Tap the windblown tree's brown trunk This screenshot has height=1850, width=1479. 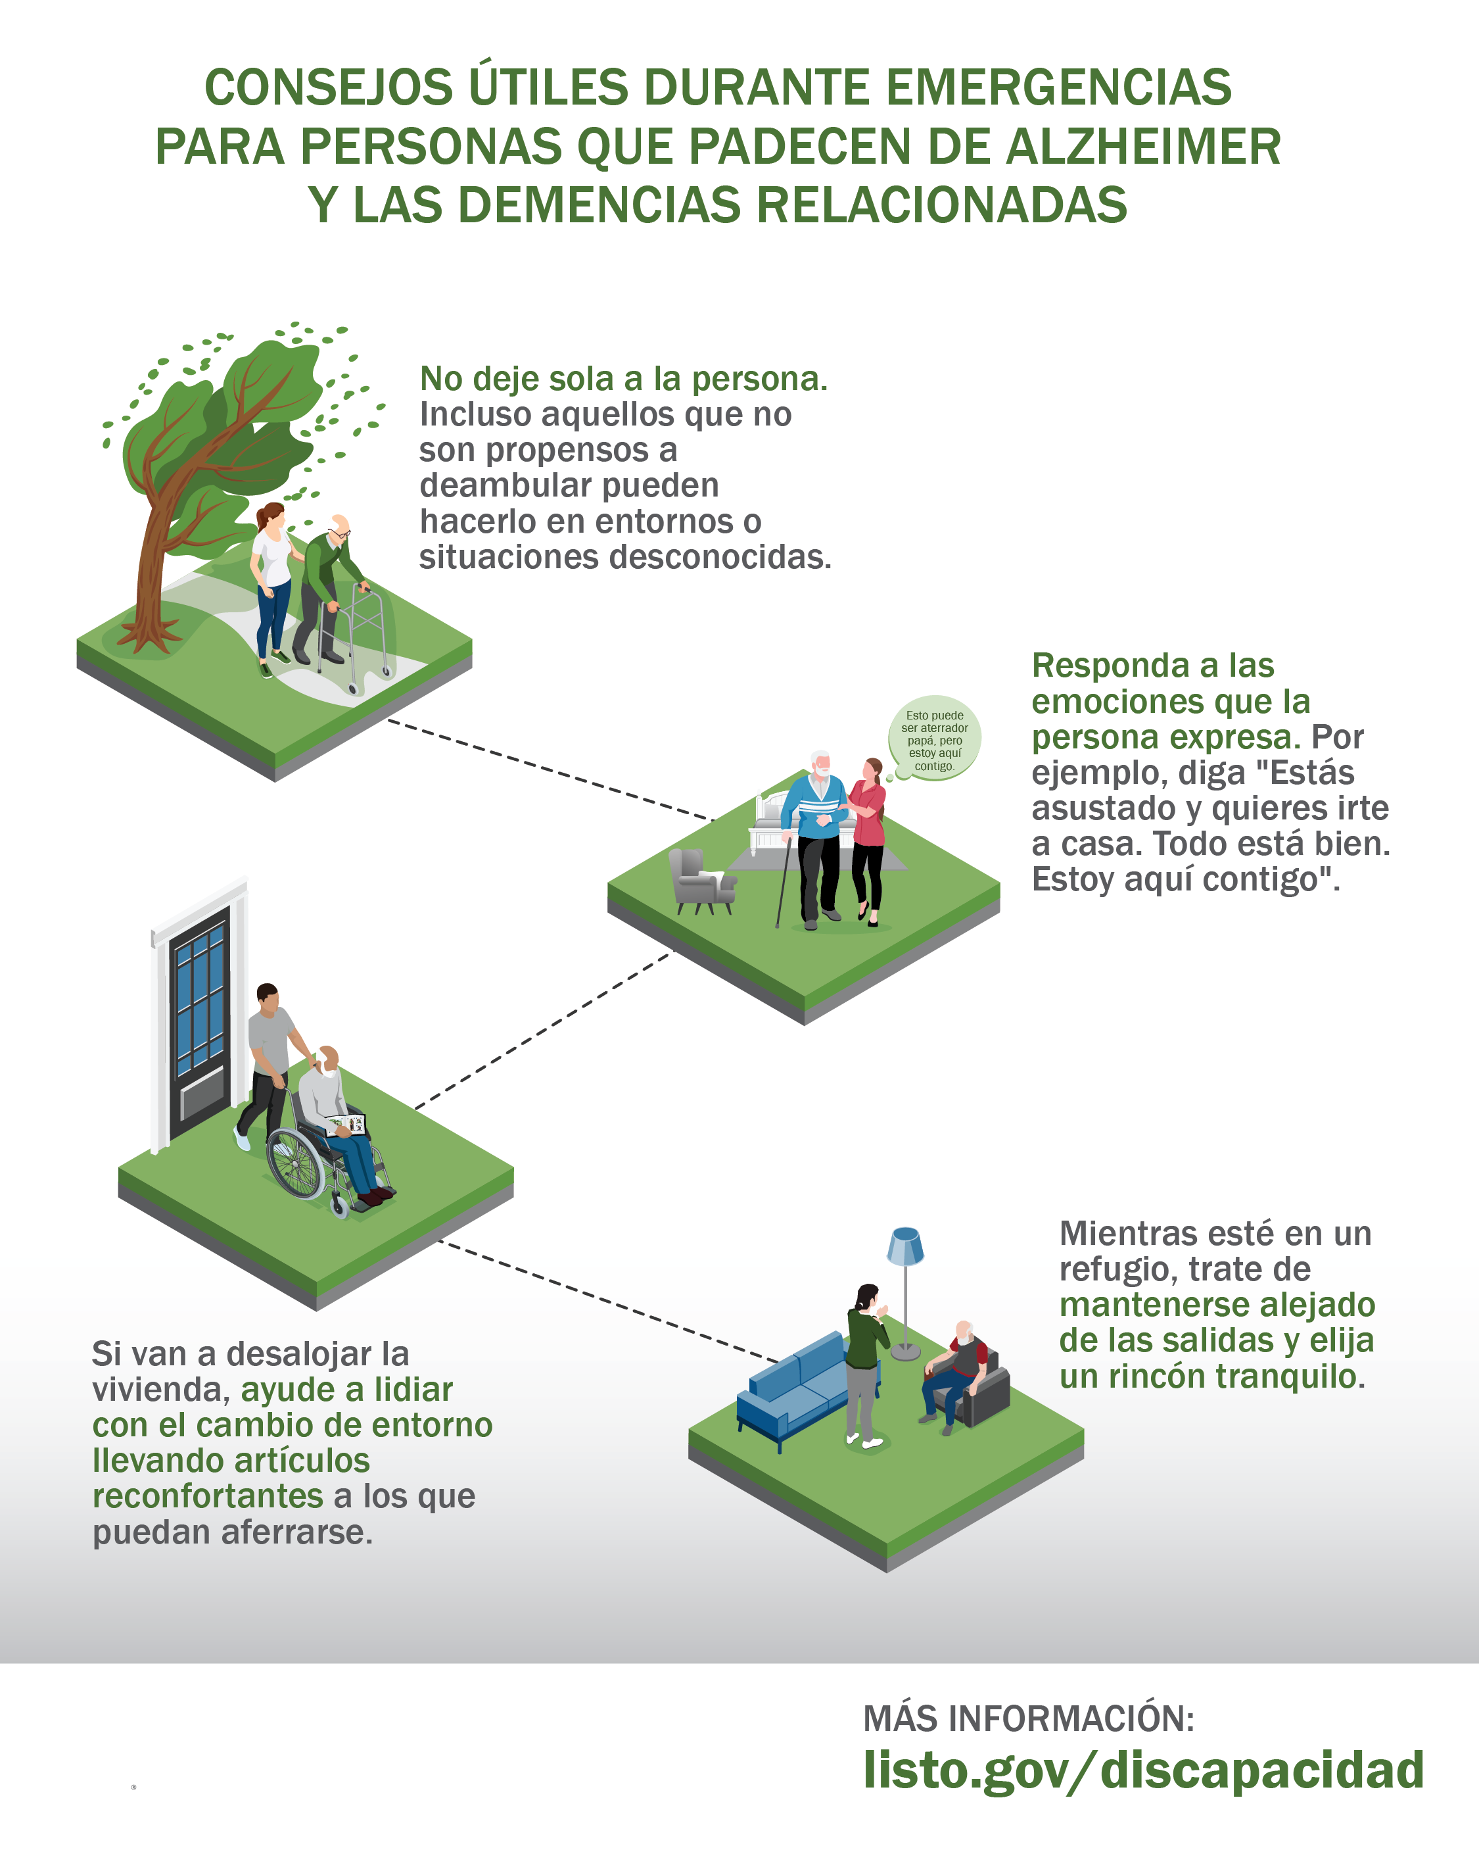click(x=154, y=566)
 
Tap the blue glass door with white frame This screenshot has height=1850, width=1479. click(x=199, y=1017)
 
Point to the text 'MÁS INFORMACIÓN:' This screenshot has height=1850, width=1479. click(x=1029, y=1718)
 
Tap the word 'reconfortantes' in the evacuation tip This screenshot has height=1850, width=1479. click(x=208, y=1496)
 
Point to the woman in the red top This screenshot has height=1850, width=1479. click(x=868, y=841)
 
